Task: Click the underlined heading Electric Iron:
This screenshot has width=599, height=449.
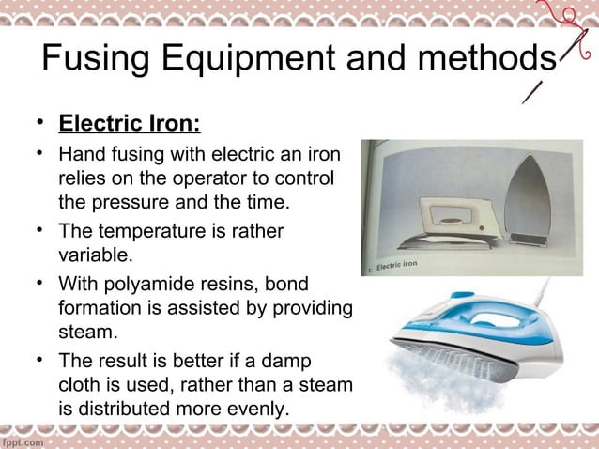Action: click(130, 125)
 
